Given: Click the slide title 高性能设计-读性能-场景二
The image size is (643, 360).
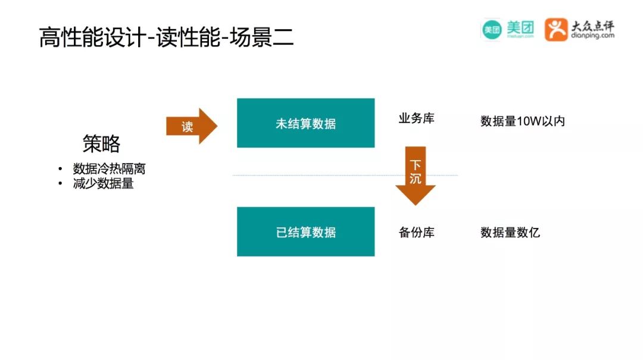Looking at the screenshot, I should coord(166,37).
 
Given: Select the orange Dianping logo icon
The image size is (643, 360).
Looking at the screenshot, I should coord(556,29).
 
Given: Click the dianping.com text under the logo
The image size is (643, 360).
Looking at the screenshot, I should coord(593,36).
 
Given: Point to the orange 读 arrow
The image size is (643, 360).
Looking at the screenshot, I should coord(191,126).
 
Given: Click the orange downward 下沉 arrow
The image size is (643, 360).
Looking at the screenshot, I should coord(415,174).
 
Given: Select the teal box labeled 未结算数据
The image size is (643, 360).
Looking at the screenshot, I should coord(305,123).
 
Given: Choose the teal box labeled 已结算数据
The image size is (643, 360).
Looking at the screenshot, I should coord(305,231).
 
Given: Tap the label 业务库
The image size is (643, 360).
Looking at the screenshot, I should coord(416,118).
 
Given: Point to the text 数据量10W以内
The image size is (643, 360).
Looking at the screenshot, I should coord(522,121).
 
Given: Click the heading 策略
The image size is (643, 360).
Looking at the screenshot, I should coord(101,143).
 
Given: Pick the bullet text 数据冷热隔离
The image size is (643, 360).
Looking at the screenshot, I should coord(109,169).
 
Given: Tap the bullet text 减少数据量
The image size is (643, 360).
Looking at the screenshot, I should coord(103,184).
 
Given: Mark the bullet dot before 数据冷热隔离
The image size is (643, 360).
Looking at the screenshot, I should coord(60,170).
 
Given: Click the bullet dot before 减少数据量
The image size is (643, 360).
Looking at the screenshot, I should coord(60,184).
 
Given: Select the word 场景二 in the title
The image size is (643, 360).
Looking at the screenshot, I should coord(266,37).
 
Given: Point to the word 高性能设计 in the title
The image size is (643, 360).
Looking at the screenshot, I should coord(92,37).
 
